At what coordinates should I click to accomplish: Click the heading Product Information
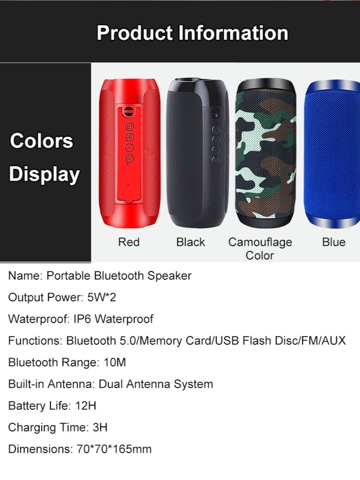pos(192,33)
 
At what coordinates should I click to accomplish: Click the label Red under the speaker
pos(129,242)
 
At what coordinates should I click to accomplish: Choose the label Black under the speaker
pos(191,242)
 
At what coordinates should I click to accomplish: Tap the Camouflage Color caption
pos(260,248)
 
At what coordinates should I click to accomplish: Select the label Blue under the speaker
pos(334,242)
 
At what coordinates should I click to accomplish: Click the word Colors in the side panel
pos(41,141)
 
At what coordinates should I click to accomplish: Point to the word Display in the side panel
pos(44,174)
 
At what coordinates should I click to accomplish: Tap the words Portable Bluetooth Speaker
pos(119,276)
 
